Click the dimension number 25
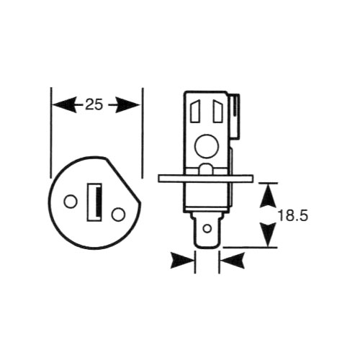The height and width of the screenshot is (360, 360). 94,105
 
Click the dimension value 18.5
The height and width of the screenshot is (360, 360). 293,216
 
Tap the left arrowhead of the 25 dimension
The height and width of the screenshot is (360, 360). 64,105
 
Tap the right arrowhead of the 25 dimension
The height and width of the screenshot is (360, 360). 127,105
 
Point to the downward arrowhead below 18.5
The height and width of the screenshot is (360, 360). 269,235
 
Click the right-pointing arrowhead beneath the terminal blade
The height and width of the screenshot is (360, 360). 182,261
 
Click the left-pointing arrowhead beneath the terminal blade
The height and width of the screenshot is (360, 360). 233,261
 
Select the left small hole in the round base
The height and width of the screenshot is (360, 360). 71,202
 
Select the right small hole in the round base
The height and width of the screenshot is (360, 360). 119,215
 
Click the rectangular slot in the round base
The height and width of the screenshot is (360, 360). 94,202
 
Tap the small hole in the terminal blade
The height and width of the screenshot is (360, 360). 207,228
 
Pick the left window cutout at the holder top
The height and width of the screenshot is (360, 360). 195,112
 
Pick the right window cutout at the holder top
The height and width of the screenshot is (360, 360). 218,112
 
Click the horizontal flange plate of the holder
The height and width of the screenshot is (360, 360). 205,179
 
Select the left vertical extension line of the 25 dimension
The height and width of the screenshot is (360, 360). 51,132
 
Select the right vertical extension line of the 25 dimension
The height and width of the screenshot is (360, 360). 143,132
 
